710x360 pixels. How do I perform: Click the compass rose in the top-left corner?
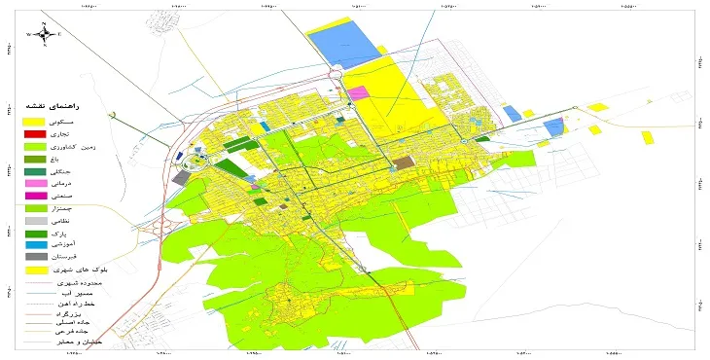pyautogui.click(x=44, y=34)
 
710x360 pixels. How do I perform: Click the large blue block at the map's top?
pyautogui.click(x=345, y=44)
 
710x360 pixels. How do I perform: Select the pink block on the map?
pyautogui.click(x=357, y=93)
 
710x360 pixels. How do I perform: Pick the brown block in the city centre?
pyautogui.click(x=402, y=163)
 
